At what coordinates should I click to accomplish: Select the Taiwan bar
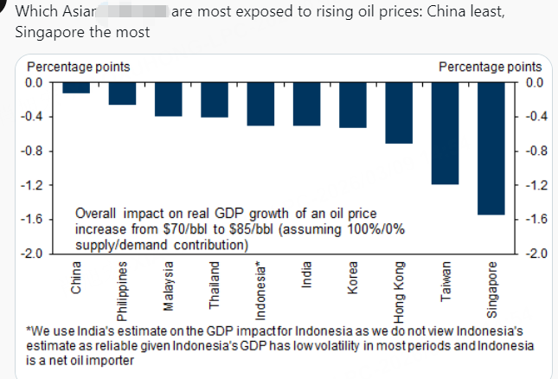pos(445,133)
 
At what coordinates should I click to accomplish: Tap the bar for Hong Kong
pos(399,112)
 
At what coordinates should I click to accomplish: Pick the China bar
pos(76,87)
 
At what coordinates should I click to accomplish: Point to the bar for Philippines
pos(122,93)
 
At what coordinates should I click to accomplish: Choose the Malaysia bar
pos(168,100)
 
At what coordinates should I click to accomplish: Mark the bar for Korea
pos(353,105)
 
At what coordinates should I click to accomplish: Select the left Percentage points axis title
pos(79,67)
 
